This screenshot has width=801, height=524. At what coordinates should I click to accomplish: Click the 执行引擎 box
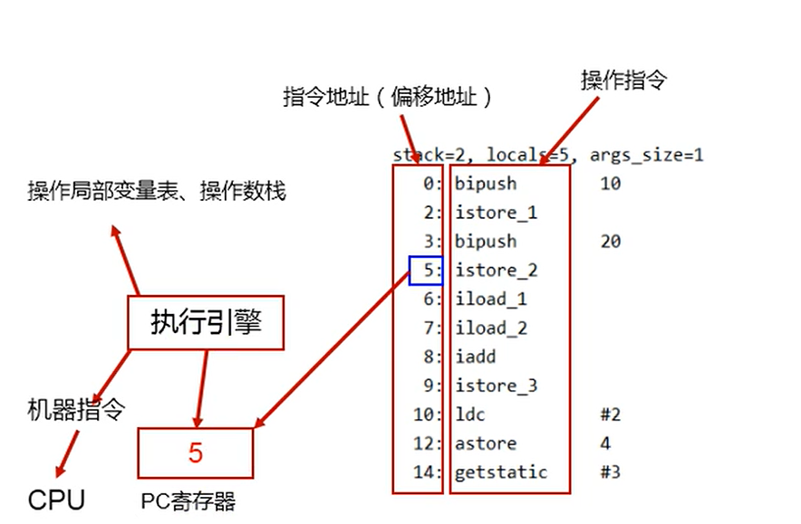tap(206, 322)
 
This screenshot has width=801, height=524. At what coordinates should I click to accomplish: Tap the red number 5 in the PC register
tap(196, 453)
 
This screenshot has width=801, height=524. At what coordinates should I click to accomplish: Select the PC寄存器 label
tap(188, 500)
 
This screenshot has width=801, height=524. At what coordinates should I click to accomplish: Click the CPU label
tap(56, 500)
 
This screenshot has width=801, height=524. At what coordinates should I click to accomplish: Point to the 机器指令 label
tap(75, 410)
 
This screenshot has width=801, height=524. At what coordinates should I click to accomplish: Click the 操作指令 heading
tap(623, 81)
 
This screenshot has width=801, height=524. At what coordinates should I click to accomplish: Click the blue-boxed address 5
tap(425, 270)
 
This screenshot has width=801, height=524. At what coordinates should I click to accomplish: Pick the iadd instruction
tap(476, 357)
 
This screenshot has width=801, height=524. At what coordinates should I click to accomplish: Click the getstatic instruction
tap(501, 472)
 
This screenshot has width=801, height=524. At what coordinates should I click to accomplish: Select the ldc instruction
tap(471, 414)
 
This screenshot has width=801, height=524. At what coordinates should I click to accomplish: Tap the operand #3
tap(610, 472)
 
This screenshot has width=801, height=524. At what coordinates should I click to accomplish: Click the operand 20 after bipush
tap(610, 241)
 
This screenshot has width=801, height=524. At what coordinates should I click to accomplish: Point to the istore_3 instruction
tap(496, 386)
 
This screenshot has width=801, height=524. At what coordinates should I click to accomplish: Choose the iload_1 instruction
tap(490, 299)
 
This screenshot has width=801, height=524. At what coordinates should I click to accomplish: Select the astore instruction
tap(486, 443)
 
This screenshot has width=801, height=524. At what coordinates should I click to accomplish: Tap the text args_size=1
tap(647, 155)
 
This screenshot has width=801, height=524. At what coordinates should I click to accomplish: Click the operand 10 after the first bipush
tap(610, 183)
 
